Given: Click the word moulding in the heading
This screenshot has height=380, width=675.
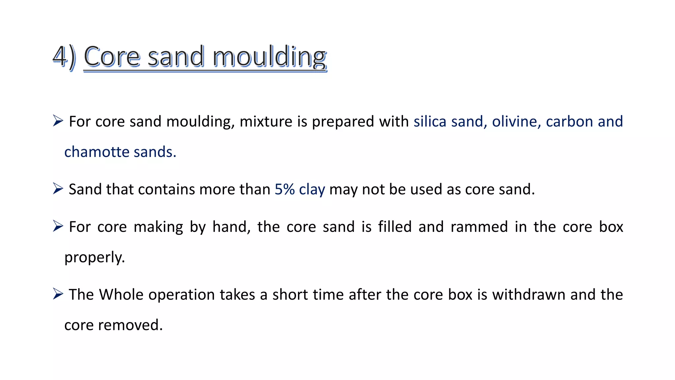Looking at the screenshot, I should coord(269,57).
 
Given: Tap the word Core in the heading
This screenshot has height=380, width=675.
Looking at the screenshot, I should coord(112,57).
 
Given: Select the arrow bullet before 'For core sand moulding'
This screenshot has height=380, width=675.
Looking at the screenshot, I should coord(58,121).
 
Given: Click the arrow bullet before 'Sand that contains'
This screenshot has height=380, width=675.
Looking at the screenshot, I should coord(58,189).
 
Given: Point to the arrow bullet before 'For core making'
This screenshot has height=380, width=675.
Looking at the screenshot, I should coord(58,226).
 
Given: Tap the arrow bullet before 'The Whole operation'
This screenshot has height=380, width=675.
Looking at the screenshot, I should coord(58,294).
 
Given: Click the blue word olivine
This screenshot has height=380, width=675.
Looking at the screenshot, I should coord(516,121).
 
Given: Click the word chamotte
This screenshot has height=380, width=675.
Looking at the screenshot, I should coord(97,152).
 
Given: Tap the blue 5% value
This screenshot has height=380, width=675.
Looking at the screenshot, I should coord(284,189).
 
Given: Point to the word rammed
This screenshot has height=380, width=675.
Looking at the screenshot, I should coord(479,227).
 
